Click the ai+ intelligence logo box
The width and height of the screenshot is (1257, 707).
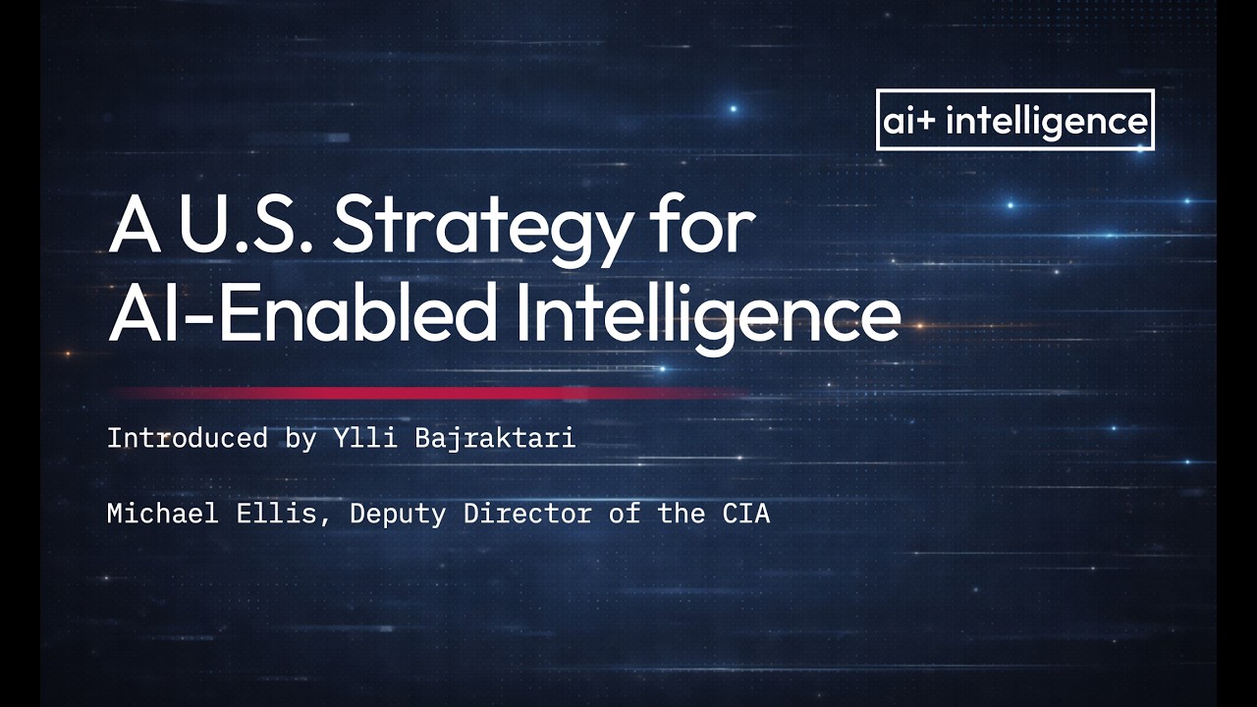tap(1014, 120)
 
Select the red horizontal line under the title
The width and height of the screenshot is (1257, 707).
tap(422, 393)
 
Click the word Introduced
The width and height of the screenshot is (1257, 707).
tap(187, 438)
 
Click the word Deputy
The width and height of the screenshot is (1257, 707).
tap(398, 514)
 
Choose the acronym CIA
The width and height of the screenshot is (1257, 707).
tap(745, 513)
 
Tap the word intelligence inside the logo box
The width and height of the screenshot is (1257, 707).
tap(1046, 121)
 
